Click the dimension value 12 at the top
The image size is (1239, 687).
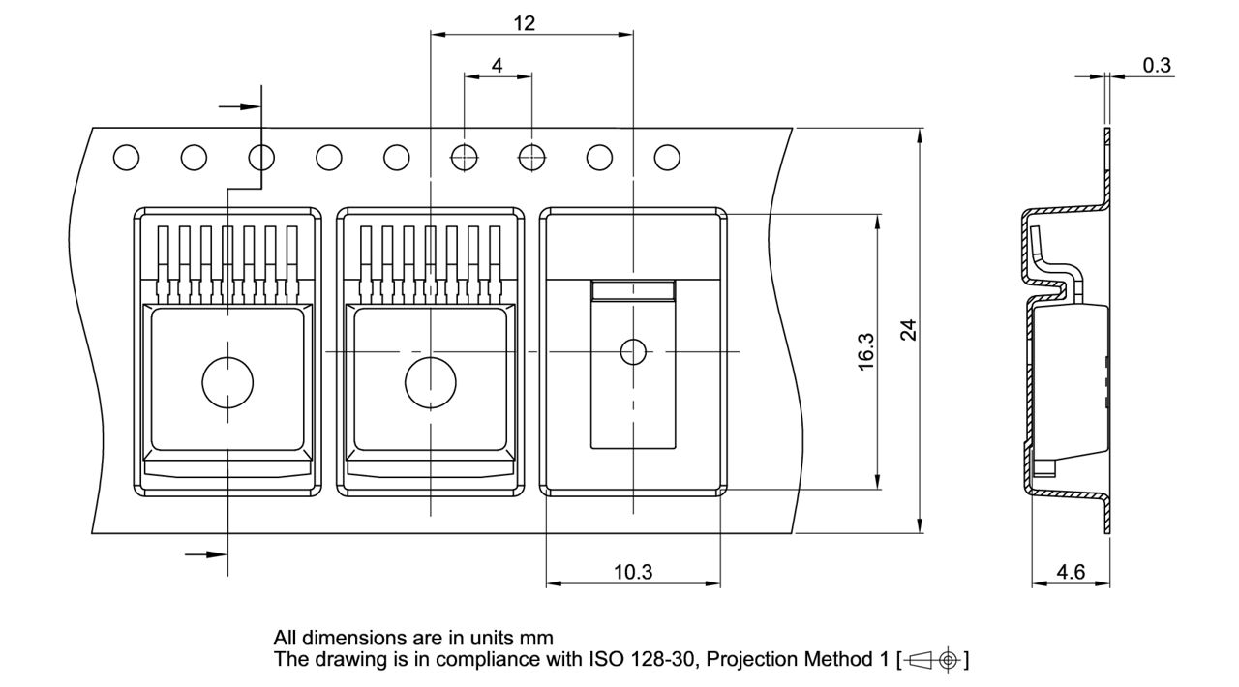click(524, 23)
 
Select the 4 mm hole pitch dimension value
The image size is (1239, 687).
click(498, 66)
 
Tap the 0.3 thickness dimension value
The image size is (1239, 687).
click(1157, 66)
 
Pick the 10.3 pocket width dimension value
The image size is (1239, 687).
click(633, 572)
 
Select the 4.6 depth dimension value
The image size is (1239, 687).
click(1071, 572)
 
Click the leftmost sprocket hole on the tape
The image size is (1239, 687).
click(126, 157)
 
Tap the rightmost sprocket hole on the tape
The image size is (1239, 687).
click(667, 157)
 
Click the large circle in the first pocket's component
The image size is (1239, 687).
click(227, 381)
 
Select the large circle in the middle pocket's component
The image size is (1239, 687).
click(430, 381)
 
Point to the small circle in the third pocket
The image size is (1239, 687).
click(633, 352)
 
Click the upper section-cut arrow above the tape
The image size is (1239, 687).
click(238, 106)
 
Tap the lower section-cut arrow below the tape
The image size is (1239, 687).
click(205, 554)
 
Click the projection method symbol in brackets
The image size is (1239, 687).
click(933, 661)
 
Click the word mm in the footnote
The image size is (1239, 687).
click(538, 639)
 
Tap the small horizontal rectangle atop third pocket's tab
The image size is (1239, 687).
click(633, 289)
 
